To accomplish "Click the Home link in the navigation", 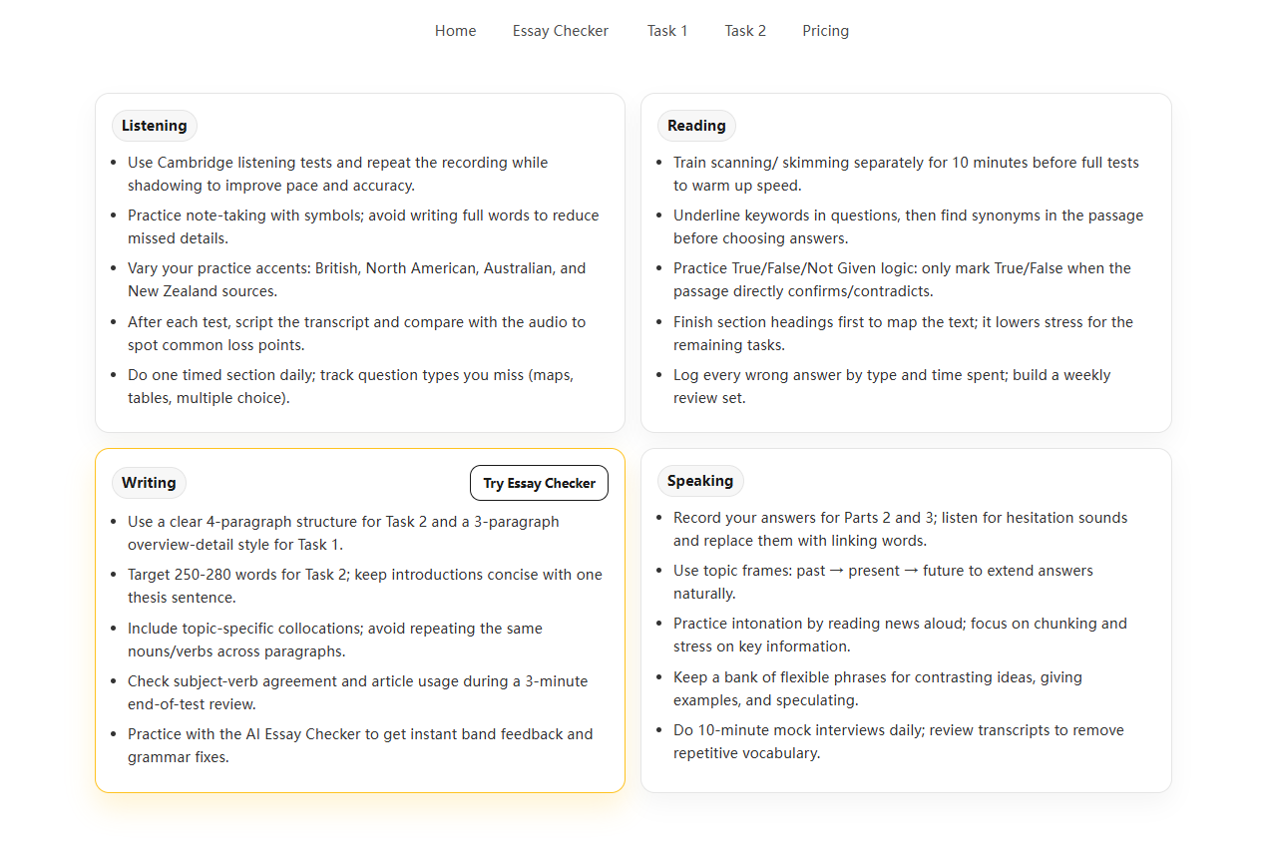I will point(455,31).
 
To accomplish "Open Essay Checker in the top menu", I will point(560,31).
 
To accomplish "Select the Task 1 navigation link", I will point(666,31).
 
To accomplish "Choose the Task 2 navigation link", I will point(745,31).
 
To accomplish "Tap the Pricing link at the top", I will point(825,31).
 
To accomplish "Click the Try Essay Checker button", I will point(539,483).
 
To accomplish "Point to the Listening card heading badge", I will point(154,126).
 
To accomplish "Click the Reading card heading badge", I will point(696,126).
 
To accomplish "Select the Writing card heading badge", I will point(149,483).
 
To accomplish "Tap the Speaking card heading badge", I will point(700,481).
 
